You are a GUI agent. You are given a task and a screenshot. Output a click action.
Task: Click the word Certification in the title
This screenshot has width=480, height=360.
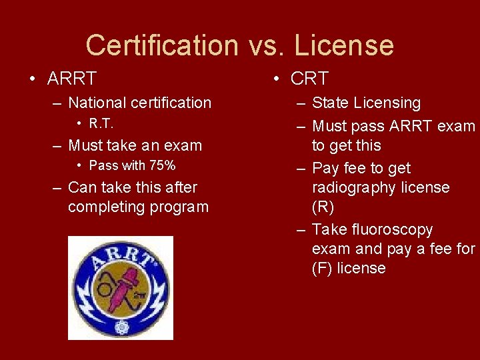(x=161, y=45)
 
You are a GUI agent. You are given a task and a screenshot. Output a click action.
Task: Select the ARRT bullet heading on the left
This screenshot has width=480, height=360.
(x=72, y=79)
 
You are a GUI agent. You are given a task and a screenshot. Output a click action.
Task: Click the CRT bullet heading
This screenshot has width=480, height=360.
(x=309, y=79)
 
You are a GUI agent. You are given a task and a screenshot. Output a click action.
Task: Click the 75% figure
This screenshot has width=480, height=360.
(x=161, y=165)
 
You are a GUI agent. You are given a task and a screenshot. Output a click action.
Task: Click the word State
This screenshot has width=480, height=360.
(x=331, y=103)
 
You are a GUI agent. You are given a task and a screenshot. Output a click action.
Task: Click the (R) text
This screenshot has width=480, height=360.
(x=323, y=207)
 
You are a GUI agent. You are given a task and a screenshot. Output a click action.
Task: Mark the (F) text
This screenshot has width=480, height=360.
(x=322, y=268)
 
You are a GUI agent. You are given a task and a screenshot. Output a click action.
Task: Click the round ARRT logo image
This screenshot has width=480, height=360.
(x=121, y=288)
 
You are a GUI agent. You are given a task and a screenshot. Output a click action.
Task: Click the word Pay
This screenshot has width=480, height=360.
(x=325, y=168)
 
